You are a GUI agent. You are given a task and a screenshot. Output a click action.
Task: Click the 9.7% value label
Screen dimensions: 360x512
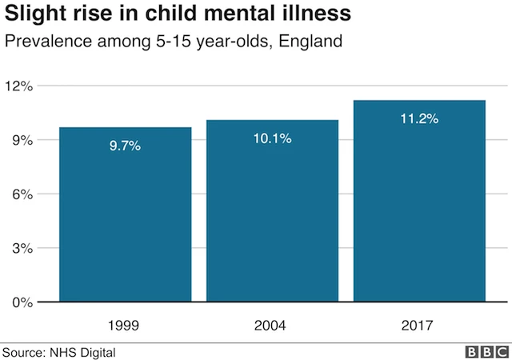(x=125, y=146)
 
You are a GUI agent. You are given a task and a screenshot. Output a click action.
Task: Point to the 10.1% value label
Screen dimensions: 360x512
(x=272, y=138)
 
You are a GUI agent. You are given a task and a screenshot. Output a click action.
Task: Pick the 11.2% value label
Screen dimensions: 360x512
(x=419, y=118)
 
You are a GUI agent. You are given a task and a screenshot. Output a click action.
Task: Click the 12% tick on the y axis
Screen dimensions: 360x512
(x=17, y=86)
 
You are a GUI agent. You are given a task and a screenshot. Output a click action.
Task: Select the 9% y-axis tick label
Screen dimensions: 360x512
(x=20, y=140)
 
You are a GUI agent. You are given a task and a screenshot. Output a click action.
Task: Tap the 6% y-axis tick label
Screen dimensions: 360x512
(x=20, y=194)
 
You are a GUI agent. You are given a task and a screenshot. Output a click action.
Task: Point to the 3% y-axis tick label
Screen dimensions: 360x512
(x=20, y=248)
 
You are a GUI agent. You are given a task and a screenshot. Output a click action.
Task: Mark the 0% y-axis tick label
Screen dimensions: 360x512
(x=20, y=302)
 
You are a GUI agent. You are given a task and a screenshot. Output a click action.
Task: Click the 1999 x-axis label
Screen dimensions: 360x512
(x=125, y=326)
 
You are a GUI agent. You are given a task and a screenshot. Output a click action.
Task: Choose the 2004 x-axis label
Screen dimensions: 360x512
(x=272, y=326)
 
